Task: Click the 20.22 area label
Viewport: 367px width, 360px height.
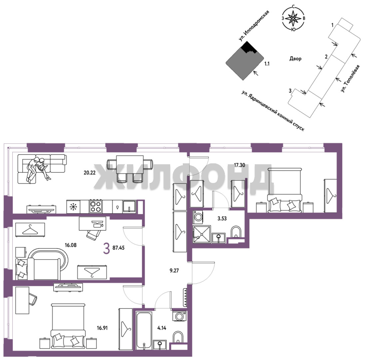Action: click(x=90, y=173)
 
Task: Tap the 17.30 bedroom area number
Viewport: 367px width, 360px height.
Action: click(x=239, y=165)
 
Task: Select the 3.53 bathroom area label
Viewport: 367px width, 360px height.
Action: click(x=222, y=219)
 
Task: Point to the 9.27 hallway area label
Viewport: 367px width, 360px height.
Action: click(x=174, y=271)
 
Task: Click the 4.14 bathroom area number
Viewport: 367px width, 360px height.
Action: click(x=162, y=328)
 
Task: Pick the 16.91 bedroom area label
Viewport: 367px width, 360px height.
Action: click(x=102, y=328)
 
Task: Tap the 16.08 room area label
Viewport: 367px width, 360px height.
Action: click(x=71, y=245)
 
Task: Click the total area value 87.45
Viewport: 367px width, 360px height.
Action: click(x=119, y=248)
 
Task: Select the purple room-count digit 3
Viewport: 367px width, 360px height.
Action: click(x=107, y=249)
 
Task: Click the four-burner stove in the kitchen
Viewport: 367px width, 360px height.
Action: click(x=96, y=206)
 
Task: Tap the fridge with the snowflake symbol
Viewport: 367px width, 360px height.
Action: click(x=73, y=207)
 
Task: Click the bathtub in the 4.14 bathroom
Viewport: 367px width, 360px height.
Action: click(x=144, y=330)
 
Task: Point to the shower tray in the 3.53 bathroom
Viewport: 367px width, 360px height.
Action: click(x=202, y=234)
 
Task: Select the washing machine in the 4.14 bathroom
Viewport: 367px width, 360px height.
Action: click(x=180, y=316)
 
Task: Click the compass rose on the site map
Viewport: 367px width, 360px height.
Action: click(x=293, y=18)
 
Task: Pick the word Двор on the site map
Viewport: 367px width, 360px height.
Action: click(x=295, y=59)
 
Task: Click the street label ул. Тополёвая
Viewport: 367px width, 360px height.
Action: click(x=350, y=78)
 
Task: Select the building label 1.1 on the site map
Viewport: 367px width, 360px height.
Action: click(x=267, y=63)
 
